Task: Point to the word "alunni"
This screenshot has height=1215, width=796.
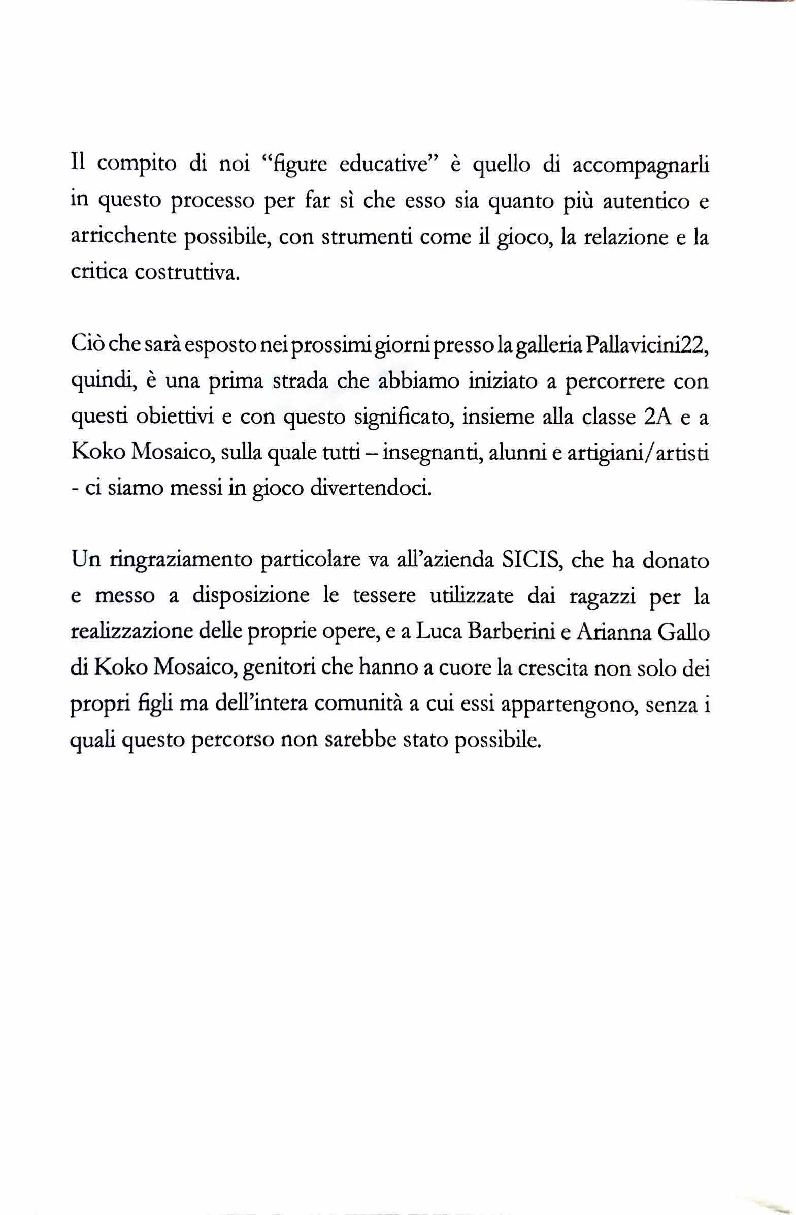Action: [x=516, y=453]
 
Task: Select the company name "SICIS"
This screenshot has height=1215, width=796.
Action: [x=531, y=560]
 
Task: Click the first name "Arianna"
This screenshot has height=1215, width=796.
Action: [x=612, y=632]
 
